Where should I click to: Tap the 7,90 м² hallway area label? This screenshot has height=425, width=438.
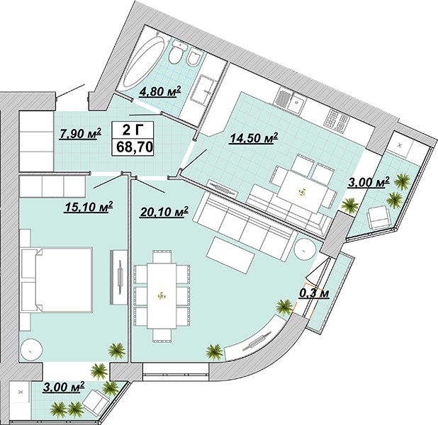tap(81, 133)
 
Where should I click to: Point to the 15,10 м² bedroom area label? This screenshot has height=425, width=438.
tap(89, 208)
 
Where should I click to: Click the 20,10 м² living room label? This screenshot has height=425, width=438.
tap(164, 212)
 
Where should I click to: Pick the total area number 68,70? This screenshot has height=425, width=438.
tap(135, 147)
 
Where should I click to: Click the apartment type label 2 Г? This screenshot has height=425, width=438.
tap(133, 130)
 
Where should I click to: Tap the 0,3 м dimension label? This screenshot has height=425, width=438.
tap(314, 293)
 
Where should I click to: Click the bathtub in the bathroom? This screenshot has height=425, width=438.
tap(143, 62)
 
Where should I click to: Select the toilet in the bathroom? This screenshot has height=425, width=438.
tap(176, 52)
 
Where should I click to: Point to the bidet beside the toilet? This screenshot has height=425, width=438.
tap(193, 58)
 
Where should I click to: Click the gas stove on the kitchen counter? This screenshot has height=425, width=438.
tap(337, 120)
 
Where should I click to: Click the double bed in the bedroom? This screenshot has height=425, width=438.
tap(57, 279)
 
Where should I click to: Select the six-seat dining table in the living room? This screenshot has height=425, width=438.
tap(162, 295)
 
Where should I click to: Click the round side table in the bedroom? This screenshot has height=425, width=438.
tap(32, 350)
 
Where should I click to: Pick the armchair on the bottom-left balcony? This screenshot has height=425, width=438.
tap(95, 401)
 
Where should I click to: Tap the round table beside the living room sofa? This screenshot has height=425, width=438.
tap(305, 249)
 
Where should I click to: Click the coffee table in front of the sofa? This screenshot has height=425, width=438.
tap(230, 255)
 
